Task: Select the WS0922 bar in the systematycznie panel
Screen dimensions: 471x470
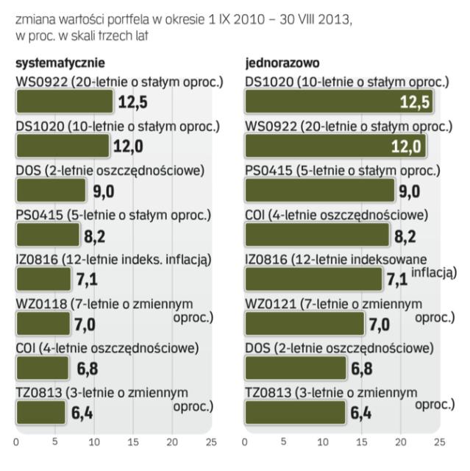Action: click(64, 102)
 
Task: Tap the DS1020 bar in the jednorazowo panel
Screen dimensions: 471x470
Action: click(338, 102)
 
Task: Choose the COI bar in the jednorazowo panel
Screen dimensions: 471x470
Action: click(317, 235)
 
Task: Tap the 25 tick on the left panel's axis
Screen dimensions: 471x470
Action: click(210, 443)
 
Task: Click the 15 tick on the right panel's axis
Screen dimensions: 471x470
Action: click(362, 443)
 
